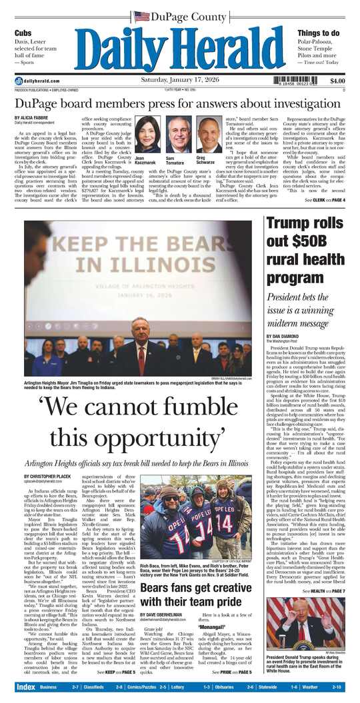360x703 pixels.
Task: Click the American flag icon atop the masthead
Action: click(x=141, y=16)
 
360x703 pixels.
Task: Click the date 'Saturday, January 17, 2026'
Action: click(x=179, y=79)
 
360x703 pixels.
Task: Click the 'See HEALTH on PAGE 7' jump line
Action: click(x=324, y=590)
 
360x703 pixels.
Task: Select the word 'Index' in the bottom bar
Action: click(x=25, y=686)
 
